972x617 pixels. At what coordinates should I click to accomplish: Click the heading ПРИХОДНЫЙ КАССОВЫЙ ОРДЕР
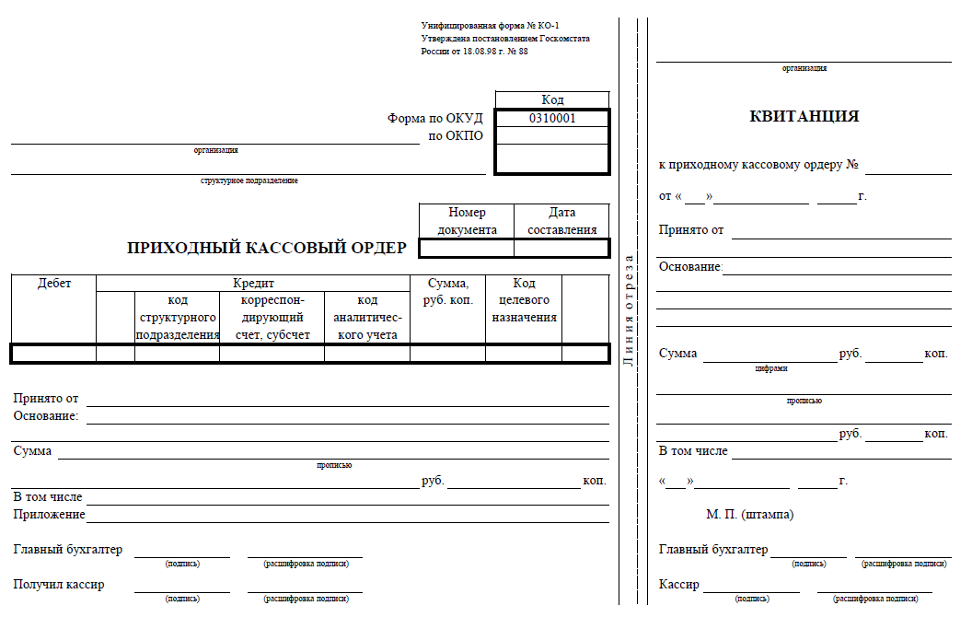(266, 248)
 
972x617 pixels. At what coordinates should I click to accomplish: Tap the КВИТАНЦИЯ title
(804, 117)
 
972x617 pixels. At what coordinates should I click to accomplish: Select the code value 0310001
(552, 119)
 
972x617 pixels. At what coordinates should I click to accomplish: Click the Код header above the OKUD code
(552, 100)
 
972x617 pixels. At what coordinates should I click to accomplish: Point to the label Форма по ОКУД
(434, 119)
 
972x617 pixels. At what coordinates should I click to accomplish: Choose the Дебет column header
(54, 284)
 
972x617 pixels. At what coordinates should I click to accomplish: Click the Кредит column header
(253, 284)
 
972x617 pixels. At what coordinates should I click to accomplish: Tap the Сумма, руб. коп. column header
(447, 292)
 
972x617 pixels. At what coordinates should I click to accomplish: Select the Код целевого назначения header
(524, 300)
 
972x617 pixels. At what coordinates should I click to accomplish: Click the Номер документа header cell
(467, 221)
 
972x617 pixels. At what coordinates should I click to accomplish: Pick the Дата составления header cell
(561, 221)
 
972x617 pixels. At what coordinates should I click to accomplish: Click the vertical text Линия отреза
(629, 310)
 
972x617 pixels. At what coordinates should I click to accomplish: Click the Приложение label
(49, 515)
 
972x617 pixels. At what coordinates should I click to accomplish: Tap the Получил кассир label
(59, 584)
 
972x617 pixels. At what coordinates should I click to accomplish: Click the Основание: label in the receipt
(691, 267)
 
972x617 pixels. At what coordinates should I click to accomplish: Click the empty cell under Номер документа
(467, 248)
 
